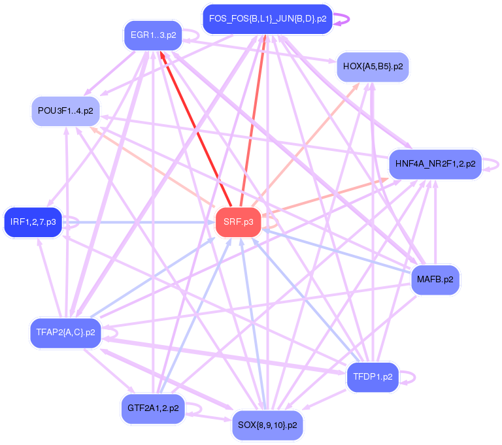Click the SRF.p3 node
(x=238, y=222)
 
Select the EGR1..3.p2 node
(x=152, y=35)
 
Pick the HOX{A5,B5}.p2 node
(x=373, y=67)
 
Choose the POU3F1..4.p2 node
(x=65, y=111)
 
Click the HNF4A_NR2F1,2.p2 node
(x=435, y=164)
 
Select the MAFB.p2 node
(x=435, y=280)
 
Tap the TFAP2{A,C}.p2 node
(x=65, y=333)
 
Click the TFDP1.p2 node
(x=373, y=377)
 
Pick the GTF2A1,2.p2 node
(x=152, y=408)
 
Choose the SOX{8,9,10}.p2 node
(x=267, y=425)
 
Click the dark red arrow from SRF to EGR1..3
(x=195, y=128)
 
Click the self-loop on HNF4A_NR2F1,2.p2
(x=493, y=164)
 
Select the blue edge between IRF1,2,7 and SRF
(x=144, y=223)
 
